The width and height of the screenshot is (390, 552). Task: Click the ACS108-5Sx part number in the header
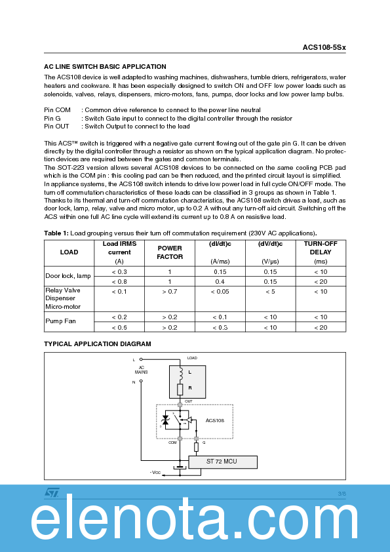coord(324,47)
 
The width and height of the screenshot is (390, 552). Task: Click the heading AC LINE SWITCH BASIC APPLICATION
coord(105,67)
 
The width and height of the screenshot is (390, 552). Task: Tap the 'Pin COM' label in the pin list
coord(57,110)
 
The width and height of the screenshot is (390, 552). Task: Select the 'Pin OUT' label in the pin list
coord(56,127)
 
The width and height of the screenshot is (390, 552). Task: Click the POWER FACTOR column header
coord(170,252)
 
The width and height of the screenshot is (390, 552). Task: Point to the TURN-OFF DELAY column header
coord(321,247)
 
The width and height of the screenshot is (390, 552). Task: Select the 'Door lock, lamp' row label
coord(68,276)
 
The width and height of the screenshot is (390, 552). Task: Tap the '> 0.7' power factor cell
coord(170,291)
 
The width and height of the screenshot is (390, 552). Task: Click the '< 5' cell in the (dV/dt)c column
coord(270,291)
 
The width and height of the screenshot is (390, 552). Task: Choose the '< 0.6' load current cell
coord(119,327)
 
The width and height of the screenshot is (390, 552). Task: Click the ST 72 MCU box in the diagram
coord(222,462)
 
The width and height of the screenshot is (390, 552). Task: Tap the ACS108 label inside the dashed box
coord(216,420)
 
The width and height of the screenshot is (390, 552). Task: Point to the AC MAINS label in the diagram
coord(142,370)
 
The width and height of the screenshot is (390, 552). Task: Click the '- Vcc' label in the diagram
coord(155,472)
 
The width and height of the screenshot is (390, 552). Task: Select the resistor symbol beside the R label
coord(180,389)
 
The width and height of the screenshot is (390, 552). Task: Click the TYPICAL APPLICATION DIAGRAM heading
coord(98,344)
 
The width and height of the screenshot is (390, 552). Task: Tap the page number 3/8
coord(341,493)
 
